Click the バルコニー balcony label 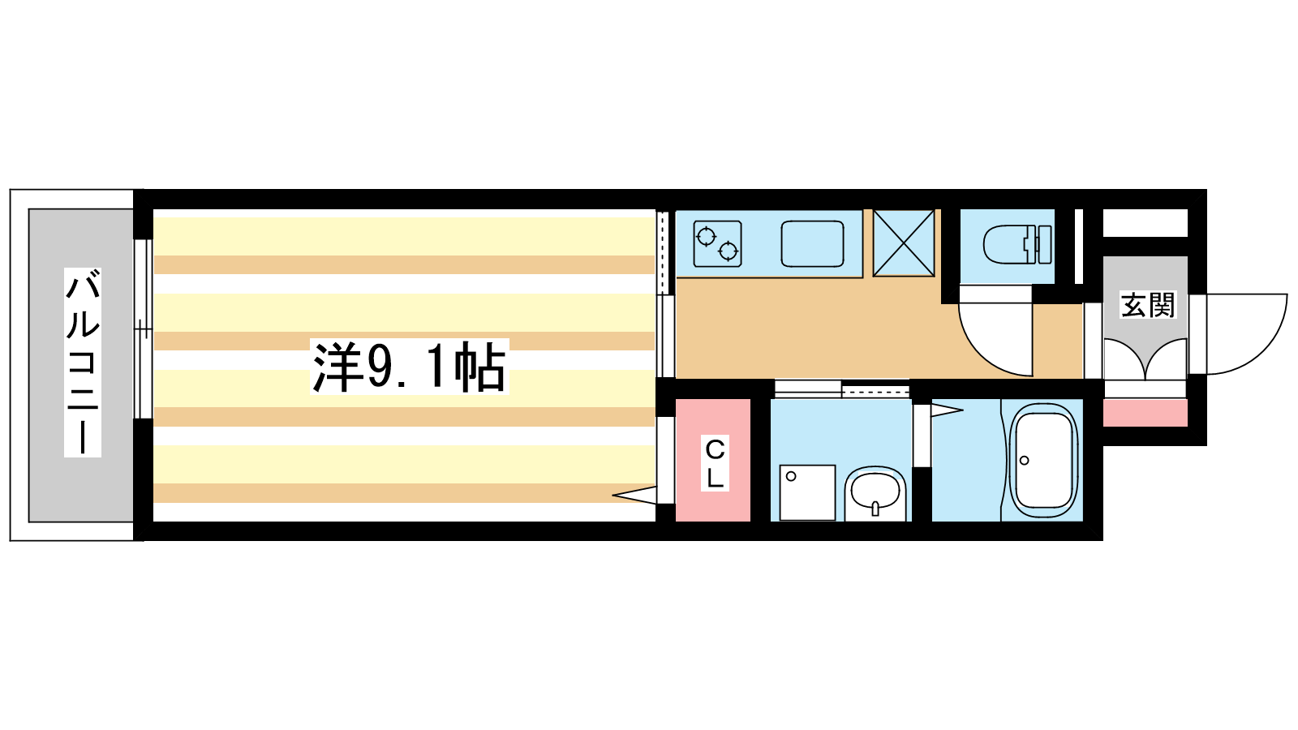pos(83,362)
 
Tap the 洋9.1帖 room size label pos(409,367)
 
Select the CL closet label pos(715,464)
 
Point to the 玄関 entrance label pos(1147,305)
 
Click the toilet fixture pos(1017,244)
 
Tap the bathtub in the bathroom pos(1043,461)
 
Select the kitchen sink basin pos(812,244)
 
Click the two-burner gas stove pos(717,244)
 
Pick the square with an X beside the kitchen pos(904,243)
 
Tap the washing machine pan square pos(807,492)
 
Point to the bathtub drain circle pos(1024,461)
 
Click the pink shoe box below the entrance pos(1145,413)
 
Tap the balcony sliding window pos(143,328)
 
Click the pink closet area pos(713,460)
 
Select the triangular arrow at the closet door pos(634,495)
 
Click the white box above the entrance pos(1145,223)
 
